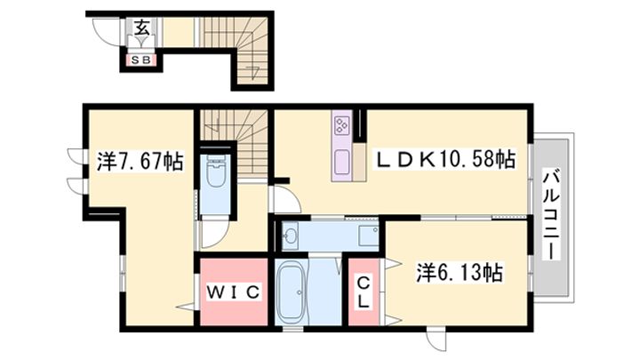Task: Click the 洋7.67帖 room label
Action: [140, 162]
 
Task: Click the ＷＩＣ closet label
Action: [233, 291]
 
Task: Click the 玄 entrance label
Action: [141, 27]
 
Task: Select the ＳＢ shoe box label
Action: [140, 60]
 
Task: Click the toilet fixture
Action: [216, 173]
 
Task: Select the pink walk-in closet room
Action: [233, 292]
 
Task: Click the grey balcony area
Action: [554, 216]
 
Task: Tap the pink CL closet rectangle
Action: [363, 292]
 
